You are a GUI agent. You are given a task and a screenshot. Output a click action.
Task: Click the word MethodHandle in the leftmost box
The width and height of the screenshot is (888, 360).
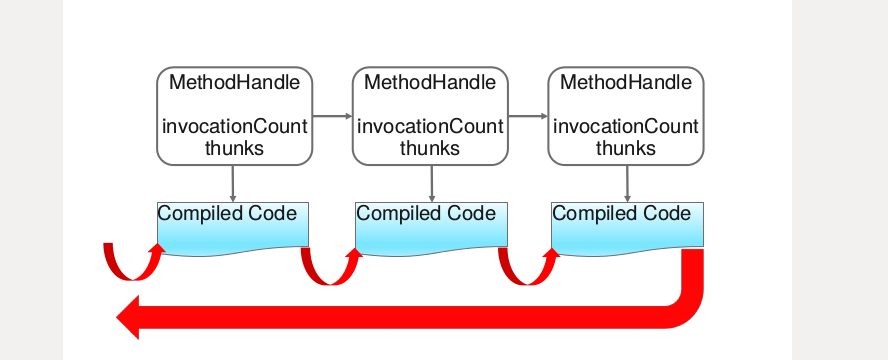pos(234,82)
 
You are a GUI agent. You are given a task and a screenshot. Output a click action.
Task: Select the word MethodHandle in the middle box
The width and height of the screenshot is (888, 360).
pos(430,82)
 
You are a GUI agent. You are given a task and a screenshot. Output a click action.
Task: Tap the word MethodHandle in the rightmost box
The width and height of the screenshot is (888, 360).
pos(626,82)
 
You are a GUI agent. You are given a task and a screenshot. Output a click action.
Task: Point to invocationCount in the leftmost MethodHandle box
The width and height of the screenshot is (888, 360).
pos(234,127)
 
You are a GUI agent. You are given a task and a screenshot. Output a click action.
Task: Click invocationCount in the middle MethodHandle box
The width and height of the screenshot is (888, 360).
pos(430,127)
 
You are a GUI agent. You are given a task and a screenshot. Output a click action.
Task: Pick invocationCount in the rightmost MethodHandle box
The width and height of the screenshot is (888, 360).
pos(626,127)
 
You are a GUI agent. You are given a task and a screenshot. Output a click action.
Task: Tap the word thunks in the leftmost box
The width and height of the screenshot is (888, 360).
pos(234,148)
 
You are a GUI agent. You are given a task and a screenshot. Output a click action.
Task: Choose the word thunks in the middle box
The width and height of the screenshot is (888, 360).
pos(430,148)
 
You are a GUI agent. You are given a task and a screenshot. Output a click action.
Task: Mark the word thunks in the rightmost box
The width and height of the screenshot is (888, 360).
pos(626,148)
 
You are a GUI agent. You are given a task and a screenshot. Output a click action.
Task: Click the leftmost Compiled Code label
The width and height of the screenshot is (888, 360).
pos(227,214)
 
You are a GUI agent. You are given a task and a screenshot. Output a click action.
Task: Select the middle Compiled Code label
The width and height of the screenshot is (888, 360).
pos(426,214)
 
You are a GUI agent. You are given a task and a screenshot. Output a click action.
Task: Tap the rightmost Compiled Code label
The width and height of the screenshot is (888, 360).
pos(621,214)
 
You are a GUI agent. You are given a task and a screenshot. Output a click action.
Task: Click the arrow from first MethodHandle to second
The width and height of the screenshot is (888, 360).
pos(332,117)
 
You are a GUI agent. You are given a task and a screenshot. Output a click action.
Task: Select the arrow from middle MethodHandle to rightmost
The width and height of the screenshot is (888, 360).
pos(528,117)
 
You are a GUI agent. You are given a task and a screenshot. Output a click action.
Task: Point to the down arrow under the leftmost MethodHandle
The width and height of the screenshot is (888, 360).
pos(233,182)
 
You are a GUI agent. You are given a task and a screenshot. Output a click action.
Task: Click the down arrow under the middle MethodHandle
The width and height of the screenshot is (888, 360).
pos(431,182)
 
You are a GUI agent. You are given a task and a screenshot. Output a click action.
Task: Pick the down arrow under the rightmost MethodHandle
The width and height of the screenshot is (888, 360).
pos(627,182)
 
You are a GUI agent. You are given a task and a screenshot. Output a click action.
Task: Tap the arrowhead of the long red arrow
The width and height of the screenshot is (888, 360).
pos(130,317)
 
